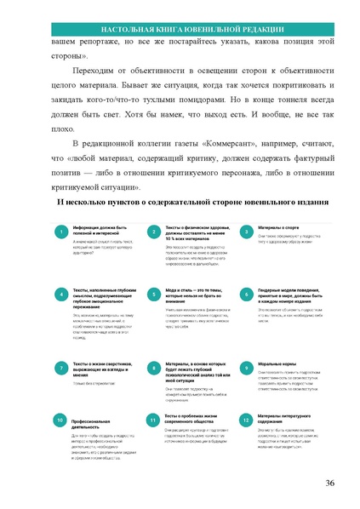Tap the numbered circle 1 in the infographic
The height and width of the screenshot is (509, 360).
[x=60, y=232]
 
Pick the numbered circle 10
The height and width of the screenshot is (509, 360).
[x=60, y=420]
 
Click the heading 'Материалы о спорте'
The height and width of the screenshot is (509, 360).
[x=279, y=228]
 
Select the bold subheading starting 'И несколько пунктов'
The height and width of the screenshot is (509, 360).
[x=180, y=202]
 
